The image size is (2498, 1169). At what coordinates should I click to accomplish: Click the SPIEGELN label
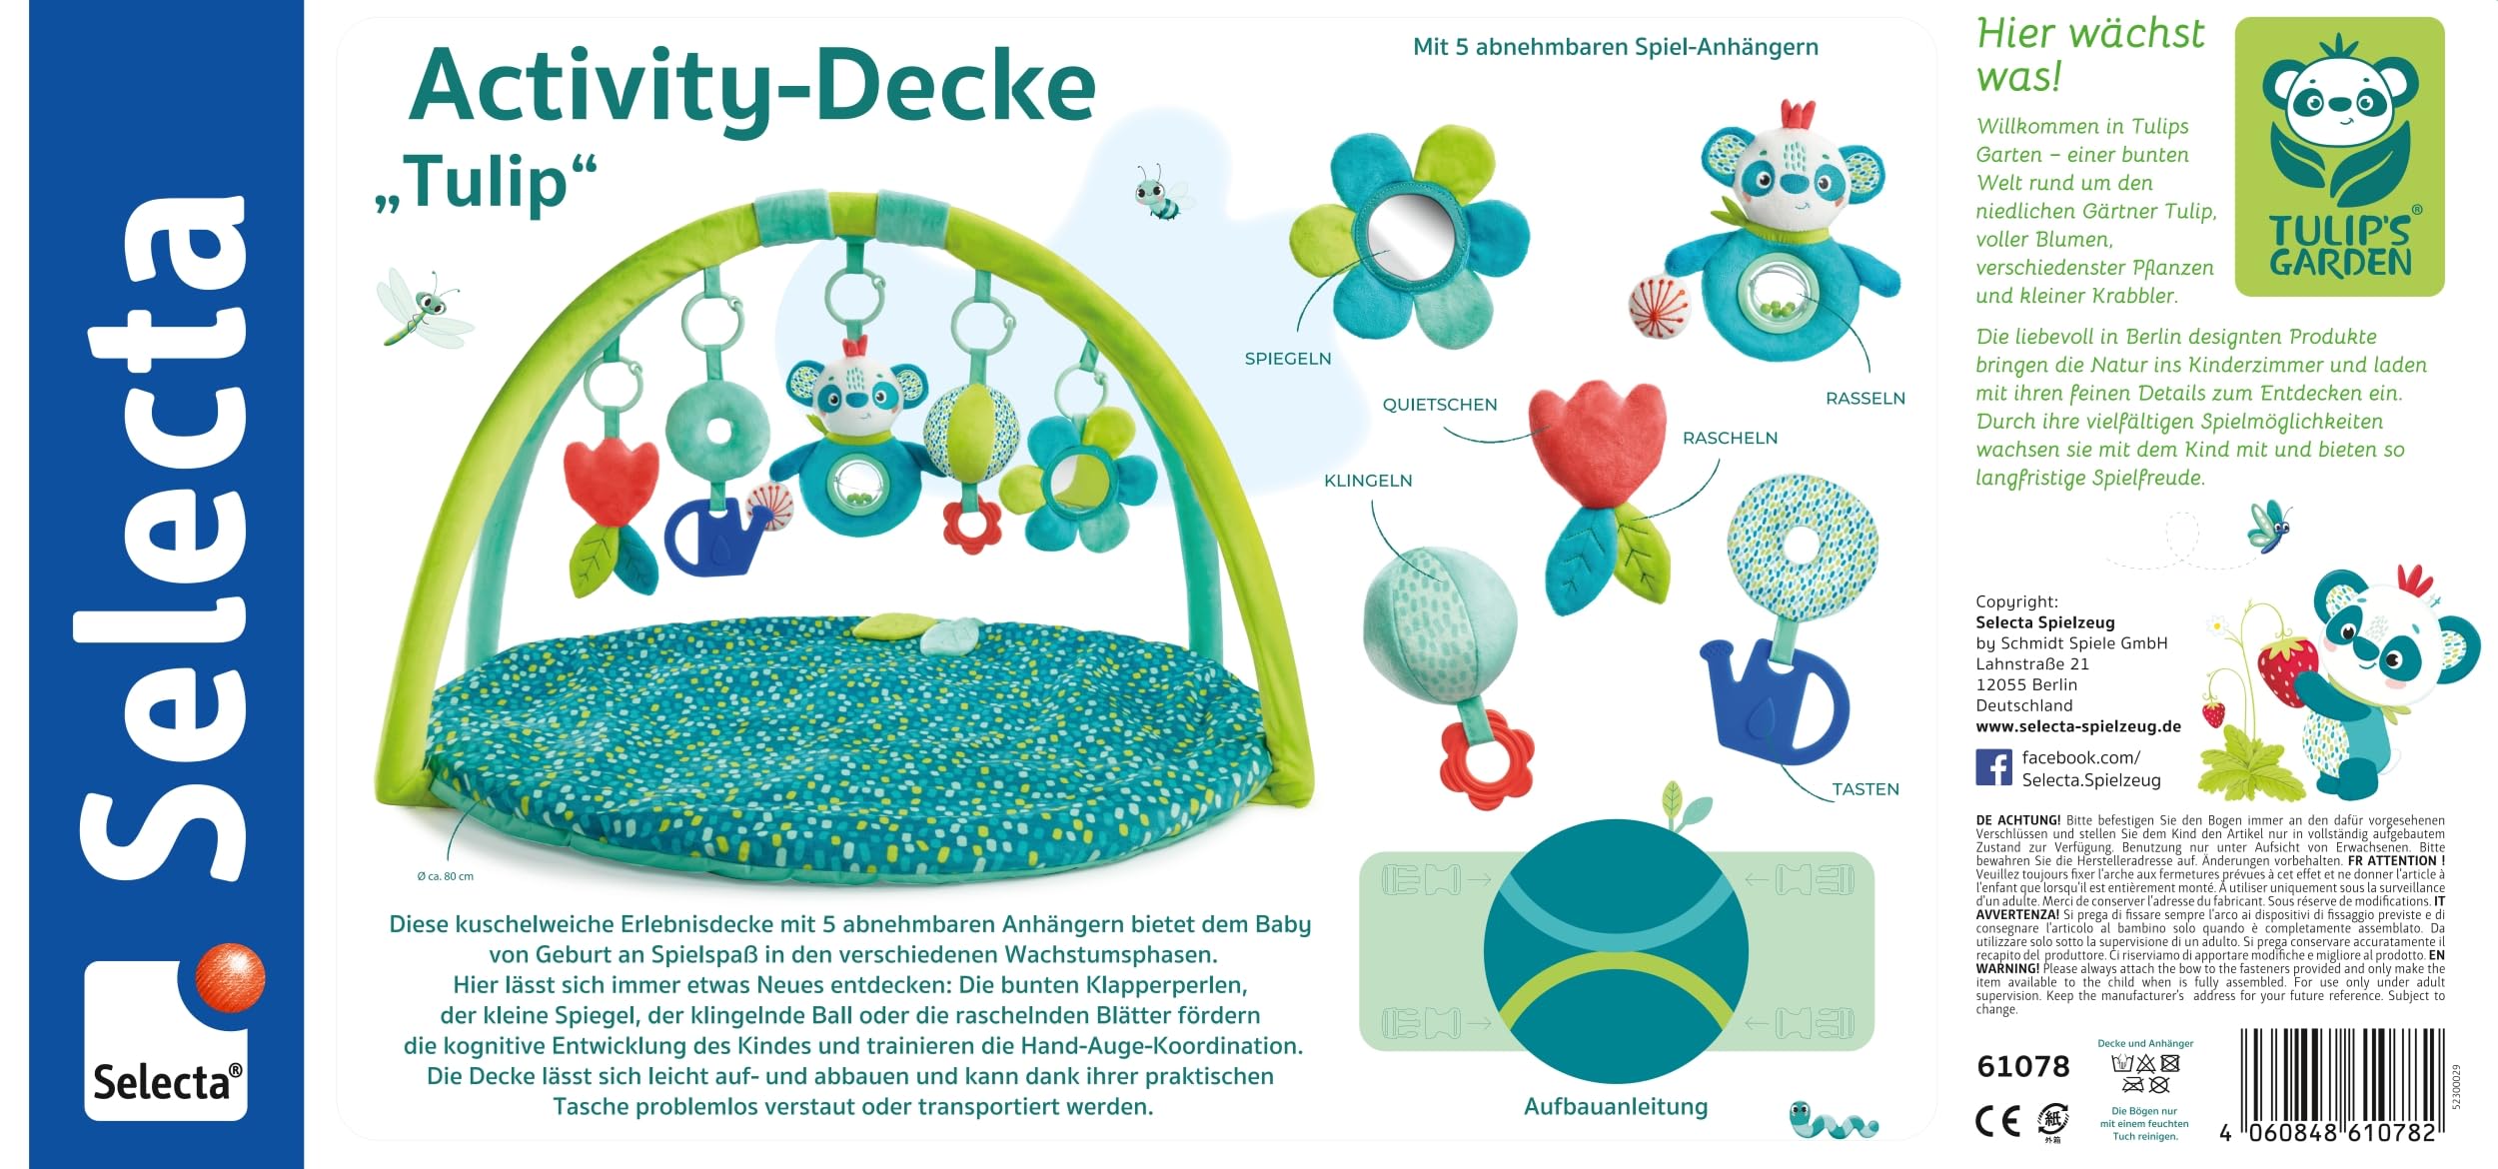[x=1287, y=359]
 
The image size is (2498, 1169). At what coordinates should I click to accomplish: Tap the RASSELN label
[x=1865, y=399]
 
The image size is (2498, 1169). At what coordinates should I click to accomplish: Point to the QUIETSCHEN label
[x=1439, y=405]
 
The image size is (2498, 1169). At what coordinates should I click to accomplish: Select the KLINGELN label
[x=1367, y=481]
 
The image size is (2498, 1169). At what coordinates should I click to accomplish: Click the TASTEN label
[x=1865, y=789]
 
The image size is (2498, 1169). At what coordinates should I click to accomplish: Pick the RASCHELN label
[x=1730, y=438]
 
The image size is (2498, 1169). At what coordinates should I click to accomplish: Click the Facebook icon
[x=1993, y=768]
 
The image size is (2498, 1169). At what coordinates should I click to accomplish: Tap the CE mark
[x=1997, y=1122]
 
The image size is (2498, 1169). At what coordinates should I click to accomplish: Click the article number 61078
[x=2022, y=1067]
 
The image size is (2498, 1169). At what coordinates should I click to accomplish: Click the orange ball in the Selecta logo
[x=230, y=976]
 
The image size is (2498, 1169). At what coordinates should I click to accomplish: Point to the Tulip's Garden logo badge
[x=2339, y=157]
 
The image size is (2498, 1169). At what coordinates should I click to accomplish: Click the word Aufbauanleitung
[x=1615, y=1107]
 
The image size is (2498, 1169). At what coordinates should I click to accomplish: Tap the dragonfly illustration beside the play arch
[x=423, y=307]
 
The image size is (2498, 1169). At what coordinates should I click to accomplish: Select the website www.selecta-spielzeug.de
[x=2077, y=726]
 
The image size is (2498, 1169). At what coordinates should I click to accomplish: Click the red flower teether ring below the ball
[x=1487, y=758]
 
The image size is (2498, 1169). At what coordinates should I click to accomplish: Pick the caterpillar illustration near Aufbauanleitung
[x=1832, y=1120]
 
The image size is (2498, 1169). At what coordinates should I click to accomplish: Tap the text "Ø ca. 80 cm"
[x=445, y=876]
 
